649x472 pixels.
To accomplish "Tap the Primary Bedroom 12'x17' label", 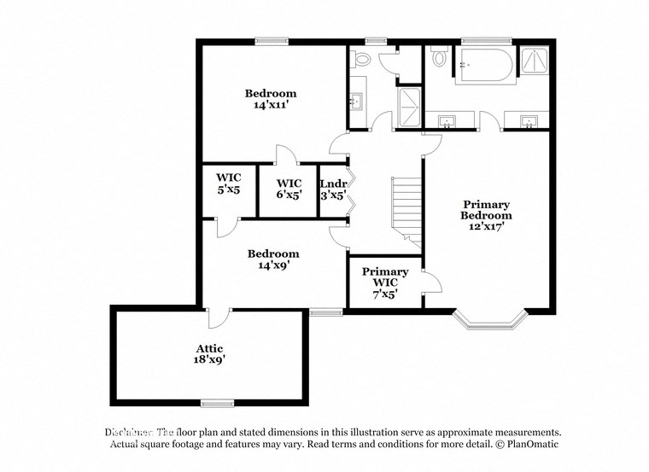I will (x=486, y=215).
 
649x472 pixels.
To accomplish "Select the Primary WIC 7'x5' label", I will (x=385, y=283).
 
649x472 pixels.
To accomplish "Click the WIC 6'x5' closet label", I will (x=289, y=189).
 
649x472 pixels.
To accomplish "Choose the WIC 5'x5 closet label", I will (x=228, y=184).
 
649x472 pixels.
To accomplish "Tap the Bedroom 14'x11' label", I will (x=271, y=99).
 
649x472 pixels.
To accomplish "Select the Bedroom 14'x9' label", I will (x=272, y=259).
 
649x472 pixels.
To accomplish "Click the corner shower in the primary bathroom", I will (x=535, y=62).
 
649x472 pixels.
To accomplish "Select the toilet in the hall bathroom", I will (x=360, y=58).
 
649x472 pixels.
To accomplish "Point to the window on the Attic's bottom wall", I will (x=217, y=403).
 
